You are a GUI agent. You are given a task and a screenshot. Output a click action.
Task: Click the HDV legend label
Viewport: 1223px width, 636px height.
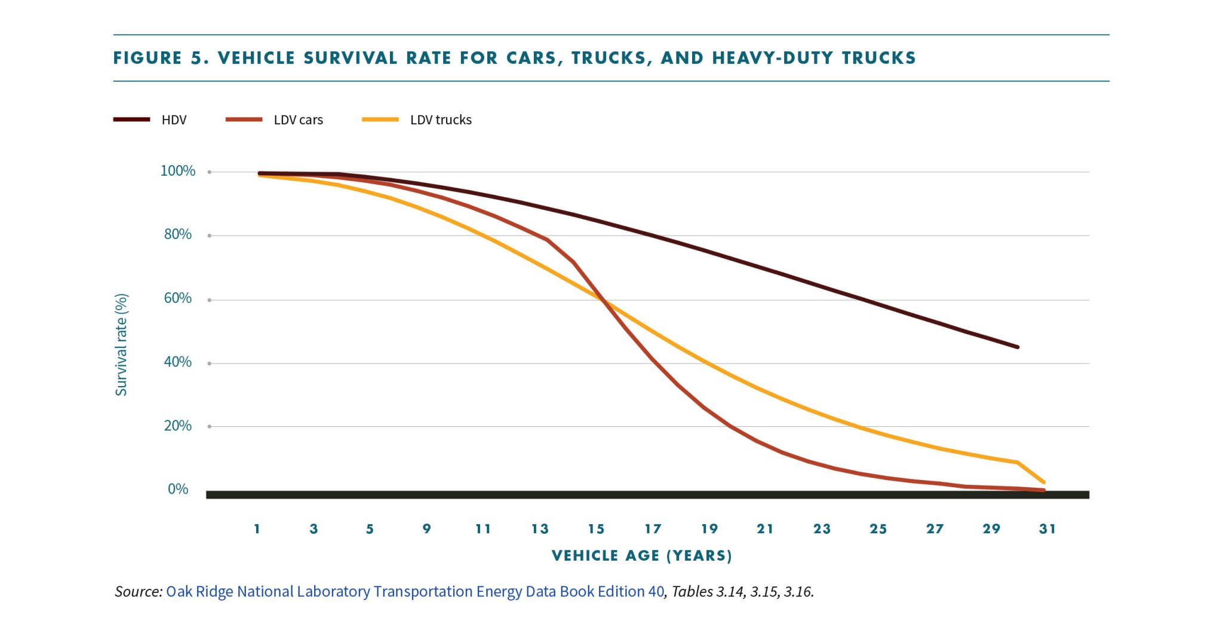pyautogui.click(x=174, y=120)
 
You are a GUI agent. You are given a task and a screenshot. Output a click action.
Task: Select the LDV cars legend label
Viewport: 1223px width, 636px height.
pyautogui.click(x=298, y=120)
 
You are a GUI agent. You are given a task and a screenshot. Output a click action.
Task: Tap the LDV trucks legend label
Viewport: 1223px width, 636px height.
pyautogui.click(x=441, y=120)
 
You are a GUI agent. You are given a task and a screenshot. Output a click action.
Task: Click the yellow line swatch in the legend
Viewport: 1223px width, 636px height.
pyautogui.click(x=380, y=120)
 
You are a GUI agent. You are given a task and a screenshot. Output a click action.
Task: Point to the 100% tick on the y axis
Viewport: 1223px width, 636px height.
pyautogui.click(x=178, y=171)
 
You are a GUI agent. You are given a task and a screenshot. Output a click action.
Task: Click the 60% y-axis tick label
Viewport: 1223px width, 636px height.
pyautogui.click(x=178, y=298)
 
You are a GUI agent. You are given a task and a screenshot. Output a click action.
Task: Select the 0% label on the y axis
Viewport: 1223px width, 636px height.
pyautogui.click(x=178, y=489)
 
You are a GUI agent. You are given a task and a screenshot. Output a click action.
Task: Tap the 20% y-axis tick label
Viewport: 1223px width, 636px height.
pyautogui.click(x=178, y=426)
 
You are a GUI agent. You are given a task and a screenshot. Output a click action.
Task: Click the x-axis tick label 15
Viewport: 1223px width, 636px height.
pyautogui.click(x=596, y=529)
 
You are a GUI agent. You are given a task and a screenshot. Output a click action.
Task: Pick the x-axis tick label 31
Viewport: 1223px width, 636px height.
pyautogui.click(x=1047, y=529)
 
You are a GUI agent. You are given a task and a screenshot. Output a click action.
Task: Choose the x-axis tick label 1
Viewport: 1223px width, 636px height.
pyautogui.click(x=257, y=529)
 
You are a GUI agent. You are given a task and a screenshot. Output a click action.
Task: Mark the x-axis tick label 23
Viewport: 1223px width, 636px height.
pyautogui.click(x=822, y=529)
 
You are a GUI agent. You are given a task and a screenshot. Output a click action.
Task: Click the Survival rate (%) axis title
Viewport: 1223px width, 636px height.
pyautogui.click(x=121, y=345)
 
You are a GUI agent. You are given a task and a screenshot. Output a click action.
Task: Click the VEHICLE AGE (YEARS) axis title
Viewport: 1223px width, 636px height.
pyautogui.click(x=642, y=556)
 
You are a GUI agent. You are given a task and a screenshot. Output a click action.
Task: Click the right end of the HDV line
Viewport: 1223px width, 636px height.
pyautogui.click(x=1017, y=347)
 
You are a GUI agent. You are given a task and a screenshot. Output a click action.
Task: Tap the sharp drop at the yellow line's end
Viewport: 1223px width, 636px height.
pyautogui.click(x=1031, y=472)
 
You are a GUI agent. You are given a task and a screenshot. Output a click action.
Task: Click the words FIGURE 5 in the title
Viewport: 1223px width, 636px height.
pyautogui.click(x=160, y=58)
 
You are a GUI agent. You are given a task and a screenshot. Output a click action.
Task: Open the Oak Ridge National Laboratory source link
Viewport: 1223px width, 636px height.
pyautogui.click(x=414, y=592)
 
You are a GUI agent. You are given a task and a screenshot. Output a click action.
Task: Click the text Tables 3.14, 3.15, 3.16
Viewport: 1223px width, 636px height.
pyautogui.click(x=742, y=592)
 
